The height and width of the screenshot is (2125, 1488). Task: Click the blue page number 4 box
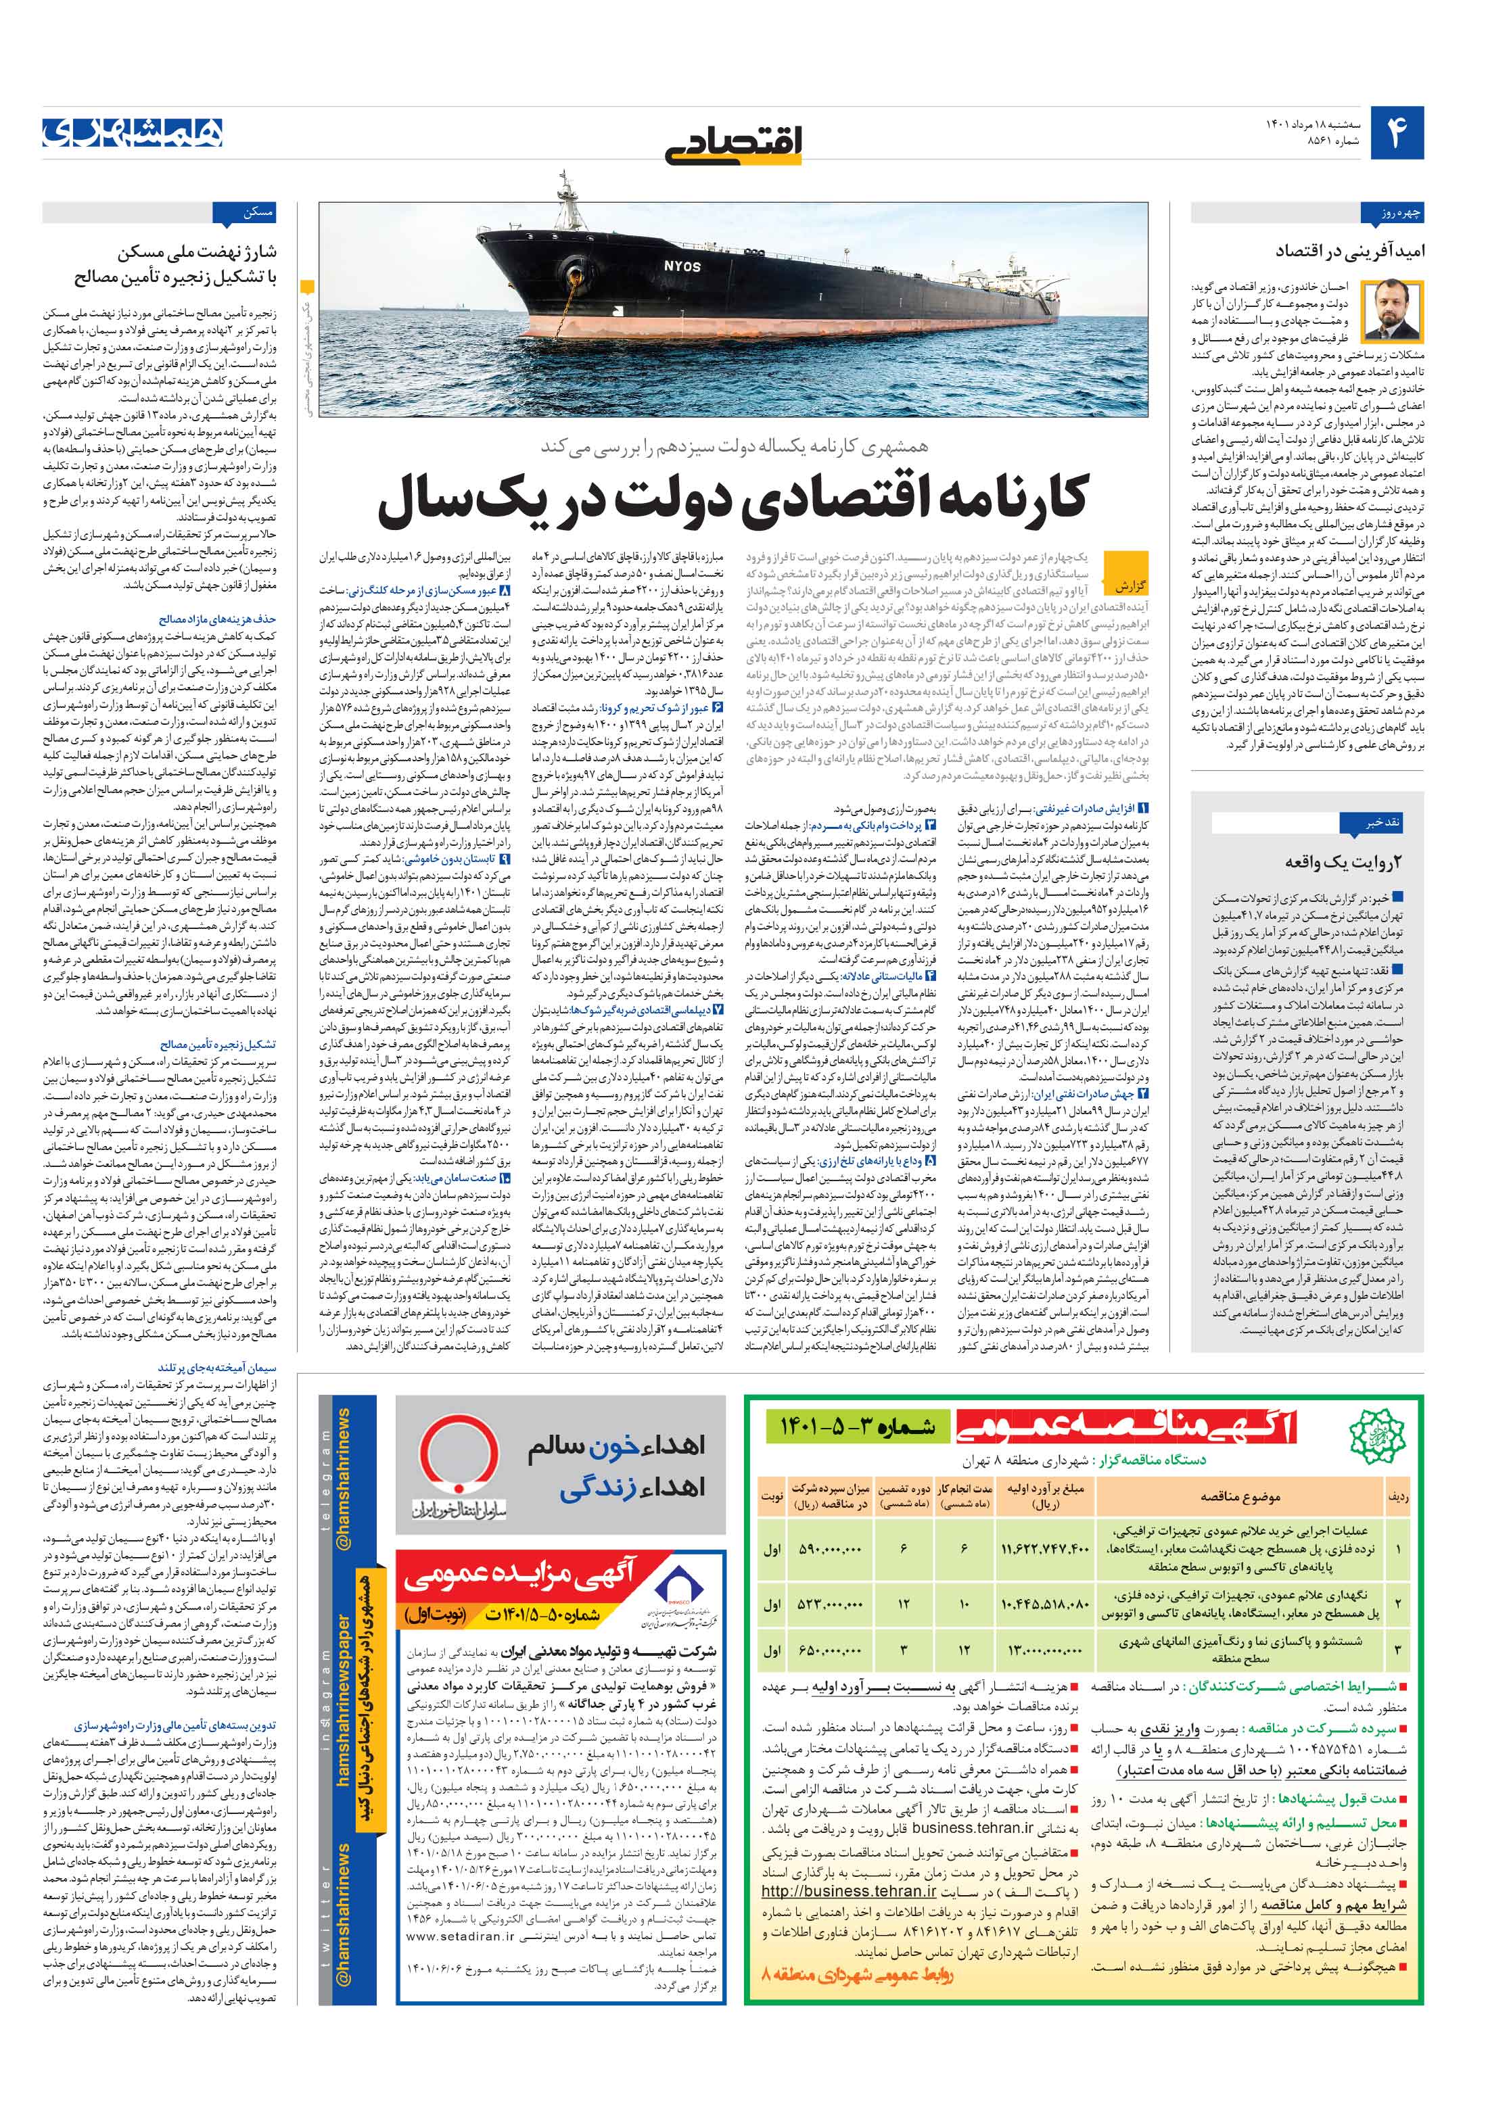pos(1395,133)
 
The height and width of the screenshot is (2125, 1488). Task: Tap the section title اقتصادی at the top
pos(733,141)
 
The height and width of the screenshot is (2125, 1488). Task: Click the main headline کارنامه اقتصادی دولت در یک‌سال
pos(733,498)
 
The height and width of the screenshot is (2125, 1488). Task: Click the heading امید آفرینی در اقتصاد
pos(1349,251)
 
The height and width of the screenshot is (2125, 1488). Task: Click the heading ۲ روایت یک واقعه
pos(1343,861)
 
